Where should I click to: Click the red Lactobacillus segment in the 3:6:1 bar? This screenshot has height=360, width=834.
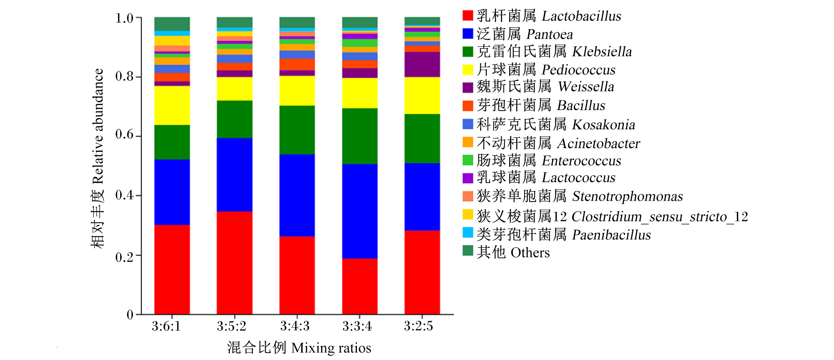pos(172,269)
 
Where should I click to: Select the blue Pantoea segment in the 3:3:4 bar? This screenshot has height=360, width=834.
pos(359,211)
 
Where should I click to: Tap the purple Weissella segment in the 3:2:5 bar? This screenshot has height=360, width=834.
pos(422,65)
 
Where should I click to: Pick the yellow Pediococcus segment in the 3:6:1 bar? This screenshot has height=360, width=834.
pos(172,106)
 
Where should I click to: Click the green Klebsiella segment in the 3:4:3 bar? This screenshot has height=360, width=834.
pos(297,130)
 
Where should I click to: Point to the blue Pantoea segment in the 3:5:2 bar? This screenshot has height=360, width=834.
pos(234,175)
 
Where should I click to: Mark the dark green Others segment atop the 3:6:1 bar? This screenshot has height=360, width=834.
pos(172,24)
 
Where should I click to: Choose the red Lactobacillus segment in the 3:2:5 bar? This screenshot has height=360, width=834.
pos(422,272)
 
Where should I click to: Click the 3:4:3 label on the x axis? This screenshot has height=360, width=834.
pos(295,326)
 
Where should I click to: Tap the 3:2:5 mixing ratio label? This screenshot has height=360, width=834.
pos(418,326)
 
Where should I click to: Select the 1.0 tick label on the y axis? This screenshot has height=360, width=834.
pos(124,18)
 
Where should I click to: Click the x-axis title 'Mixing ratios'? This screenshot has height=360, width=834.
pos(331,348)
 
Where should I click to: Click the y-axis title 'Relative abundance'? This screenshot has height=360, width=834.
pos(98,126)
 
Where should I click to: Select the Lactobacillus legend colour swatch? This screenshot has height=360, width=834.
pos(468,15)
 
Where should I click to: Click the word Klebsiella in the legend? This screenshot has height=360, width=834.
pos(602,52)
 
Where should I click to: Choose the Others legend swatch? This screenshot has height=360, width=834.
pos(468,250)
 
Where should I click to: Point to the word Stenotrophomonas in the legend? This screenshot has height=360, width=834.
pos(628,196)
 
